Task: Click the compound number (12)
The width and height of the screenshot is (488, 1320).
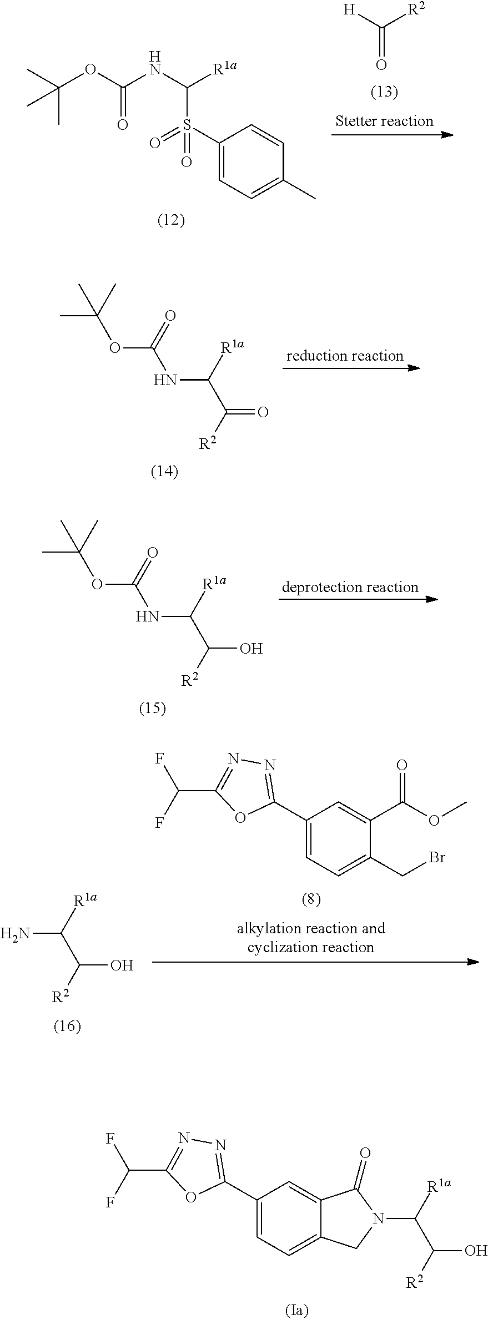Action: click(x=171, y=221)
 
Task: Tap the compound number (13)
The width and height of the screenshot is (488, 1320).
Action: click(x=384, y=92)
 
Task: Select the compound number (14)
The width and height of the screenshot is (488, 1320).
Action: click(x=165, y=472)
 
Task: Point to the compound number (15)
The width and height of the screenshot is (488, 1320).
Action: click(x=153, y=709)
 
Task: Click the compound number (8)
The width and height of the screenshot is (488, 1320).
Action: click(x=311, y=899)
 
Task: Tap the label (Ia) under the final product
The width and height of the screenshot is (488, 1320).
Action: click(x=296, y=1311)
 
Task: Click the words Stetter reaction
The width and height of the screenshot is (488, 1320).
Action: click(x=384, y=121)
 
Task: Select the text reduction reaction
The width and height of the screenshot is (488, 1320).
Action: click(x=345, y=356)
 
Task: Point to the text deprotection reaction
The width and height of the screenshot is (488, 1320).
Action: click(x=350, y=587)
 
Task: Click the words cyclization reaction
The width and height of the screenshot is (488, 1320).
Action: click(x=311, y=947)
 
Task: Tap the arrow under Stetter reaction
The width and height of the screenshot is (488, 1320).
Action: click(x=393, y=134)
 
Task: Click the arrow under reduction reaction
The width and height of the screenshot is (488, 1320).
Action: click(x=351, y=368)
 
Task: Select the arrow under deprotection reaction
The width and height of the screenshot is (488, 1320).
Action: click(x=358, y=599)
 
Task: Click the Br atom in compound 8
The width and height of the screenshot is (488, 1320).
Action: click(x=437, y=857)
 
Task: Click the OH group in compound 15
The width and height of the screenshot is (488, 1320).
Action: click(x=251, y=648)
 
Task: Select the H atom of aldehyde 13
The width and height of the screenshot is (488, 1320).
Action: click(x=348, y=11)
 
